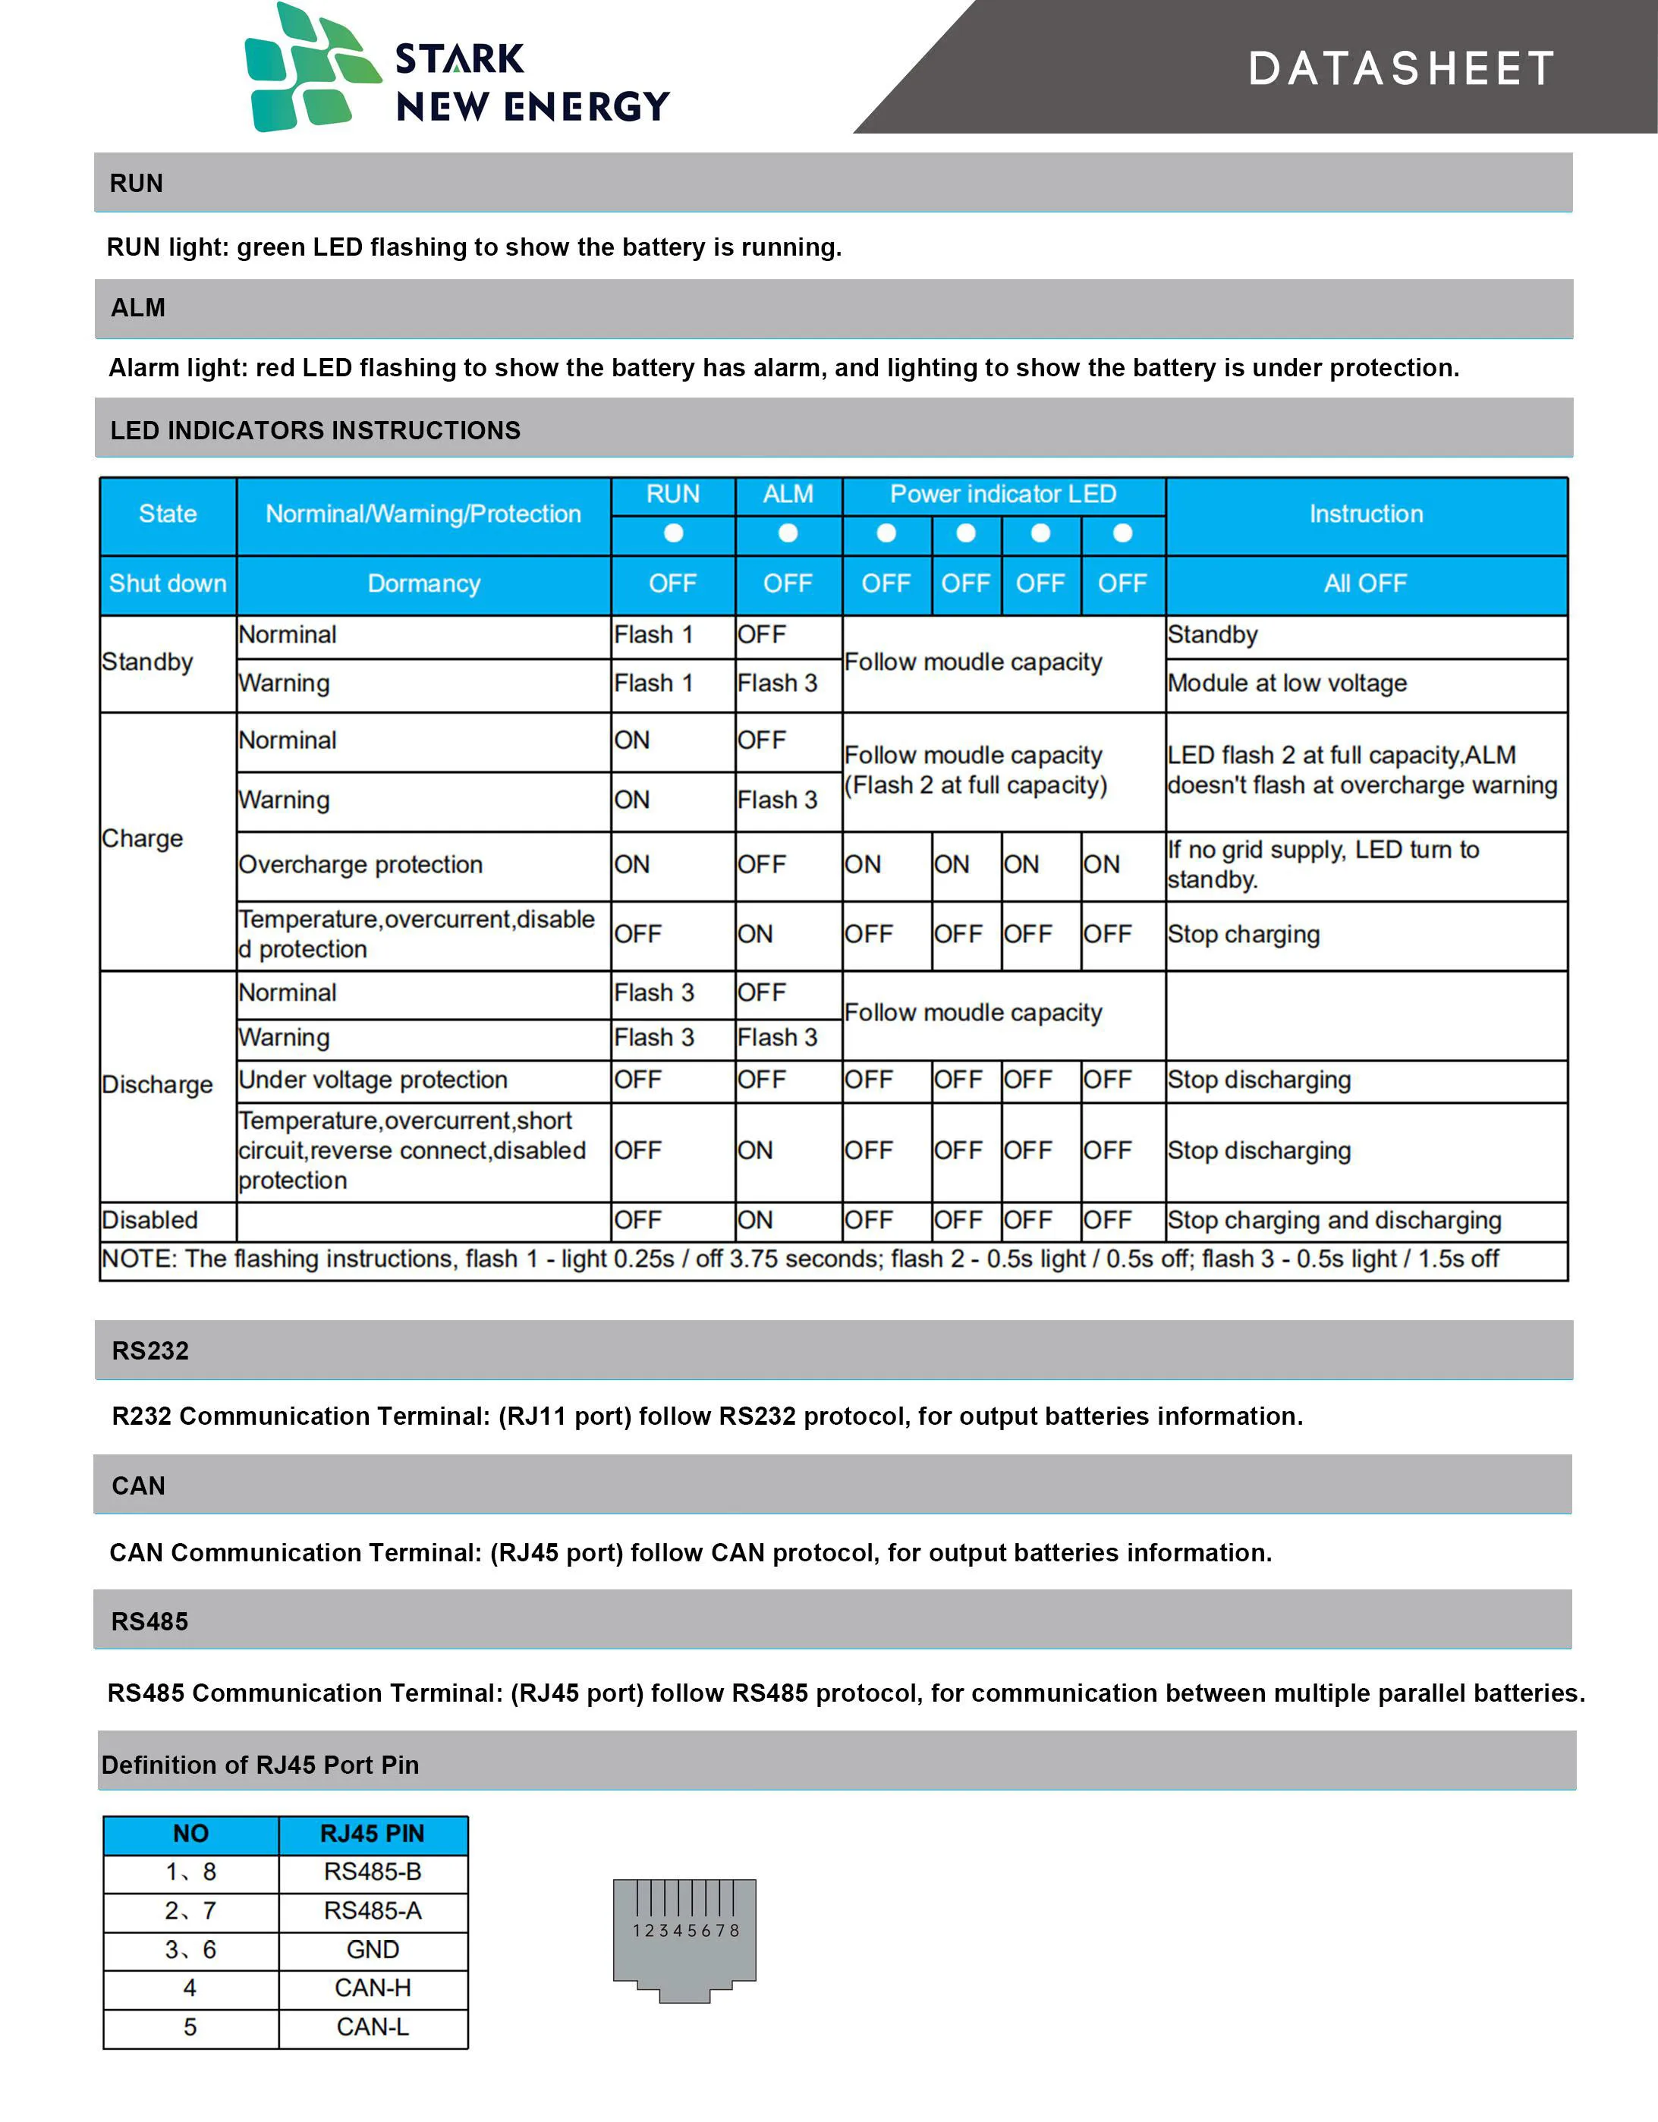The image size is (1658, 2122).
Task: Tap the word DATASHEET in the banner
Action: [1401, 69]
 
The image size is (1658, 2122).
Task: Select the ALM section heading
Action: [138, 308]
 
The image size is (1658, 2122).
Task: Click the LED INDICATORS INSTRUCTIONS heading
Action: [315, 430]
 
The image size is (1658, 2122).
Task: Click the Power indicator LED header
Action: [1003, 495]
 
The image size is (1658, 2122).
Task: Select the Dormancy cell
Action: [423, 584]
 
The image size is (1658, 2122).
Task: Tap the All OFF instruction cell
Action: [1364, 584]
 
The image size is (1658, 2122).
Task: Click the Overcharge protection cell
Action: [360, 865]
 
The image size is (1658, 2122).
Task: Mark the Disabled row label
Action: [149, 1221]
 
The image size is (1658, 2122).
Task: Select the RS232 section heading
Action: [151, 1350]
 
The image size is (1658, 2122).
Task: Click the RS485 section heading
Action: [149, 1621]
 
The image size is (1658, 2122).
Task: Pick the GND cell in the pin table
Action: [373, 1949]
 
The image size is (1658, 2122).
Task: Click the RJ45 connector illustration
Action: [684, 1939]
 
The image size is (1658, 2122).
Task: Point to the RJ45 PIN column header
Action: [373, 1834]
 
